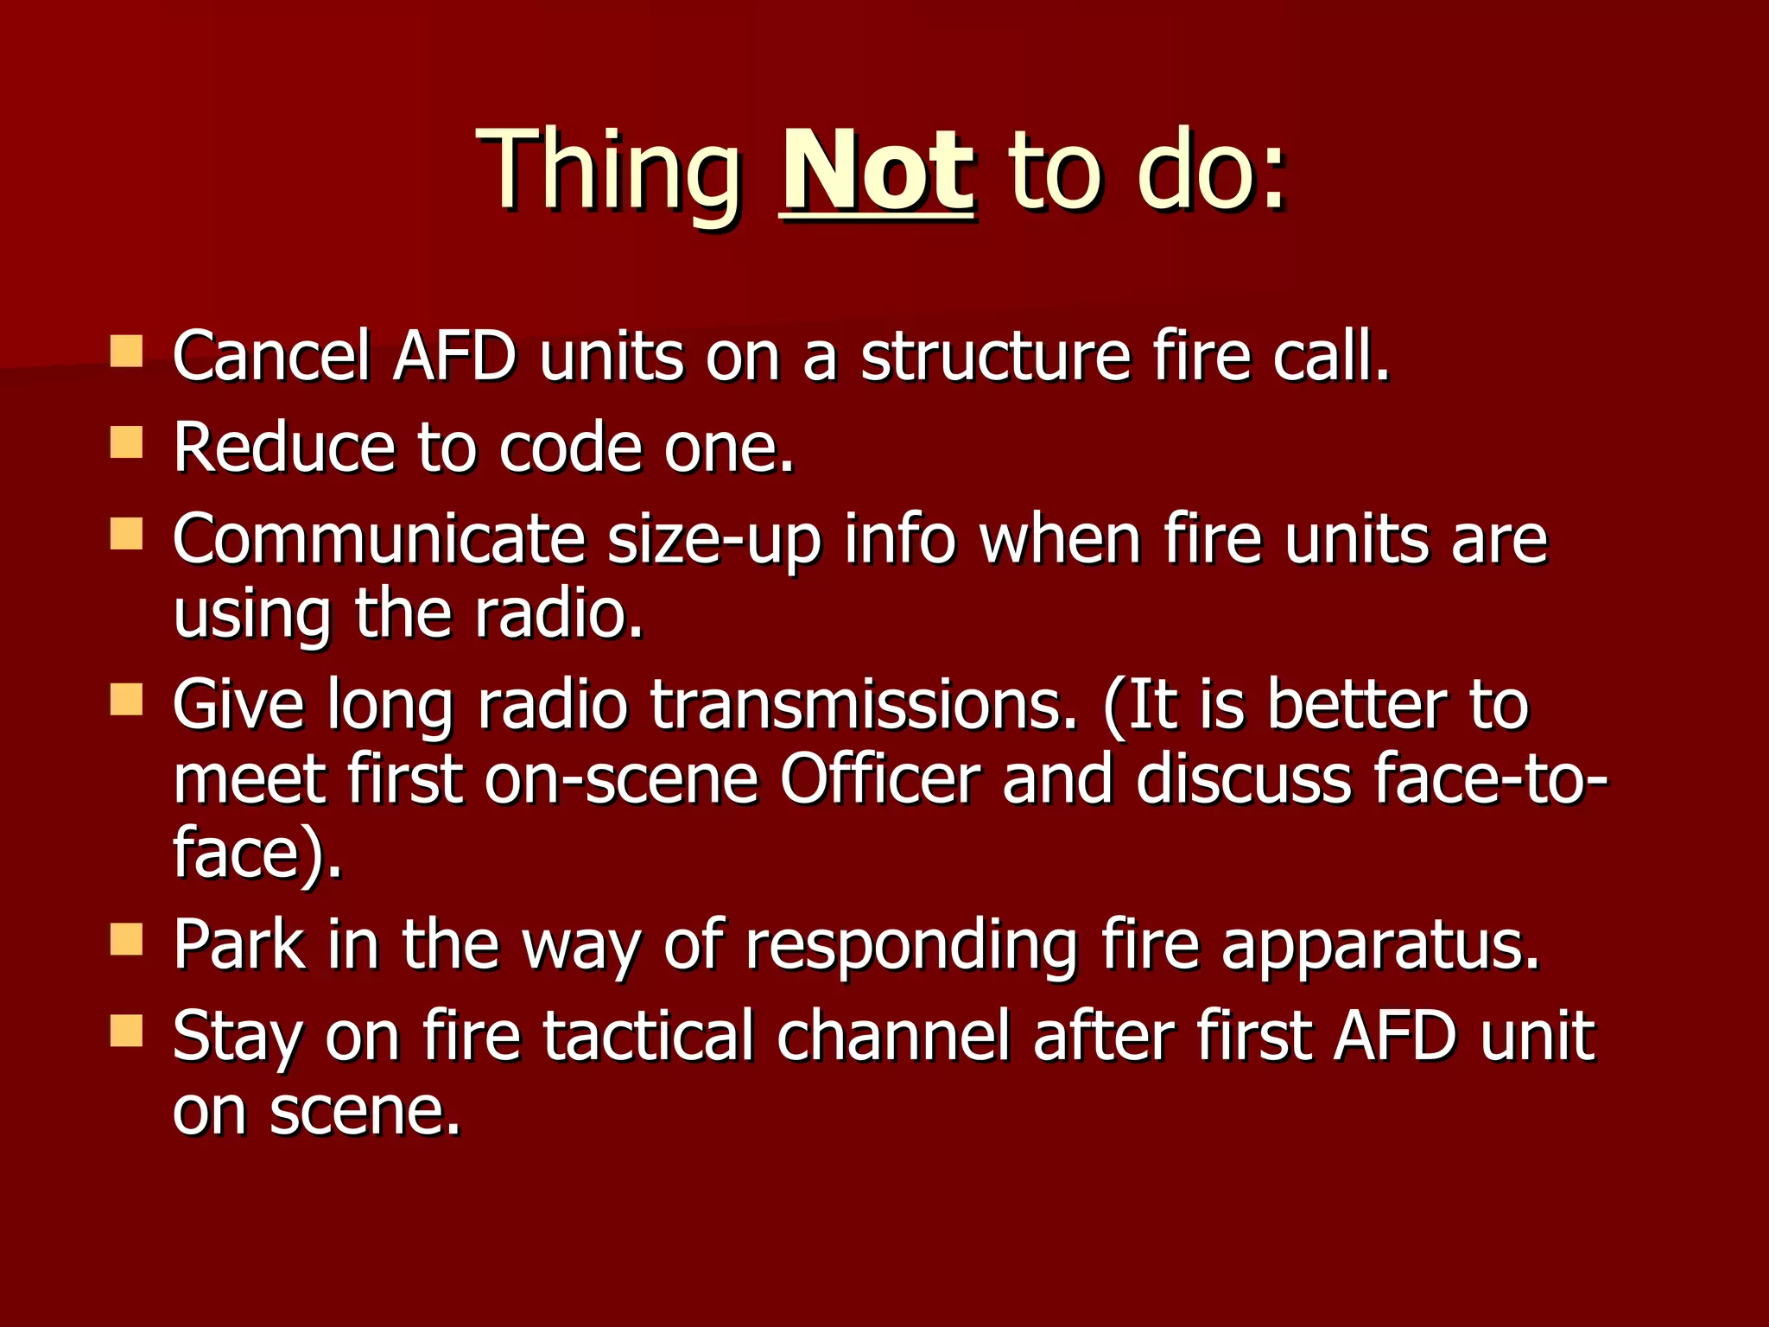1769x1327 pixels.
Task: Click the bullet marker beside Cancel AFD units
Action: [127, 352]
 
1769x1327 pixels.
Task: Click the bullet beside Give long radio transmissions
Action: [127, 700]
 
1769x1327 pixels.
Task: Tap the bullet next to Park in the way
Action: [127, 939]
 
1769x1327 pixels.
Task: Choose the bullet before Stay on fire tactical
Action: [127, 1031]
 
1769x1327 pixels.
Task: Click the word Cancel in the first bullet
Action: [271, 355]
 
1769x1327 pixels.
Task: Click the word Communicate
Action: [378, 539]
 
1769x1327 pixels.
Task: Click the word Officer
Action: [880, 778]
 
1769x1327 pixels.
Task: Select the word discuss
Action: [1244, 778]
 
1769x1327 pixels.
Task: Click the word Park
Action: [238, 944]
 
